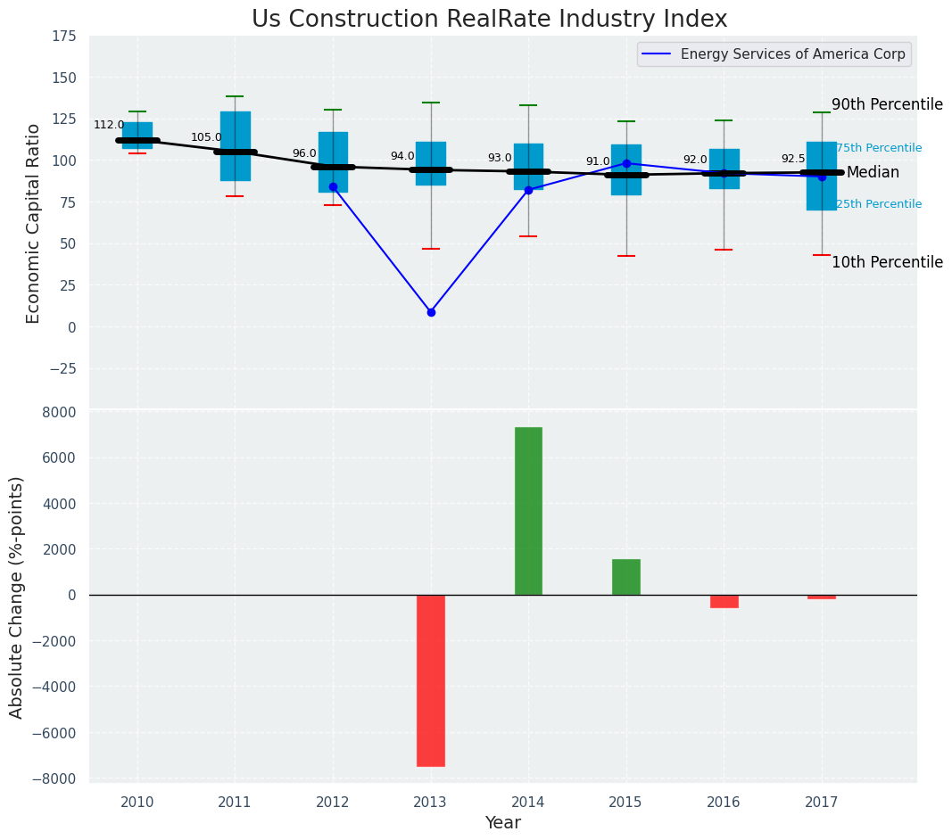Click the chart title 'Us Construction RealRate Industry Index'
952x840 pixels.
point(489,20)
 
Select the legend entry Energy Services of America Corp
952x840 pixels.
point(792,54)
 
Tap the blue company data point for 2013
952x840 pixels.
point(431,312)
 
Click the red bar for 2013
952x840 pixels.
point(431,680)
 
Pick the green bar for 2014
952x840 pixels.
point(528,511)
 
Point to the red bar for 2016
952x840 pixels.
point(724,601)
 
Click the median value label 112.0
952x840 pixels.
point(109,126)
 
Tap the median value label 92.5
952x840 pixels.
point(793,159)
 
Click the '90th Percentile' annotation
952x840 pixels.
point(887,105)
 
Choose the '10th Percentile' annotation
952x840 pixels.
point(887,263)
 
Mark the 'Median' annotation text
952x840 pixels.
point(873,173)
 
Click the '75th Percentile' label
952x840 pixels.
point(879,148)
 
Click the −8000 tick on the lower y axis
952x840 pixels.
point(54,779)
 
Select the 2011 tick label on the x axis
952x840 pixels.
point(235,803)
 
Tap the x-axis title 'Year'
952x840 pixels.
point(503,823)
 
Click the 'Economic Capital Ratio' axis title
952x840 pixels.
point(34,223)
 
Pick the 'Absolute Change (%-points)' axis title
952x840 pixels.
point(17,597)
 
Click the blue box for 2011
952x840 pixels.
point(236,146)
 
